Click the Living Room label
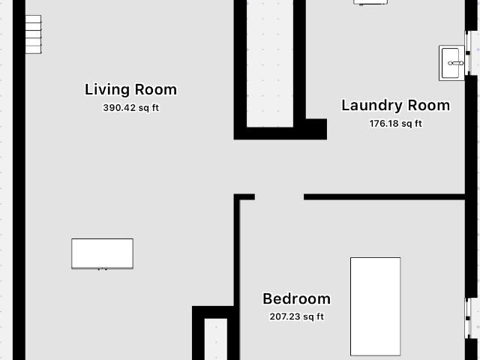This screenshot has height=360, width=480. [x=130, y=90]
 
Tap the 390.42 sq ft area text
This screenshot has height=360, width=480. [x=131, y=108]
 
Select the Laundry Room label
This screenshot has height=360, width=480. [x=395, y=106]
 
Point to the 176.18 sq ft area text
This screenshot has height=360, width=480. [x=395, y=123]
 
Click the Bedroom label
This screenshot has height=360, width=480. [x=297, y=298]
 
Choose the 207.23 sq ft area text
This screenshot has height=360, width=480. [x=297, y=316]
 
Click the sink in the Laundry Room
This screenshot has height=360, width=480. [x=451, y=63]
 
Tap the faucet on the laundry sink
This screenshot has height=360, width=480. [x=456, y=63]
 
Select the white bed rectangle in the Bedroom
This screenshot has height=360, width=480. [x=375, y=307]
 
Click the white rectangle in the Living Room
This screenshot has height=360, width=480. [x=102, y=253]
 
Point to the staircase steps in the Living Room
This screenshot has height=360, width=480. [x=33, y=34]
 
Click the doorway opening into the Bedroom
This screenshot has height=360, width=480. [x=279, y=196]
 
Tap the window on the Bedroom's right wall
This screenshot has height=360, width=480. [x=468, y=318]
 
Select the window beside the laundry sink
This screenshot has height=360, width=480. [x=468, y=53]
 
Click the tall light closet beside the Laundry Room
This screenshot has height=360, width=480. [x=270, y=63]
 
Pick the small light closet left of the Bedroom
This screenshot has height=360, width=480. [x=216, y=339]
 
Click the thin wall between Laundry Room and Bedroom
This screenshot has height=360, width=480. [x=384, y=196]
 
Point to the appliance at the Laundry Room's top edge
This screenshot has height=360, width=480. [x=370, y=2]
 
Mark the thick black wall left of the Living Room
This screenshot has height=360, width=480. [x=19, y=180]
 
